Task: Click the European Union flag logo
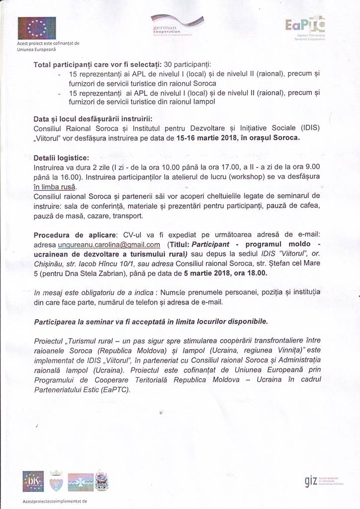click(36, 28)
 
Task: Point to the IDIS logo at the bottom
click(33, 481)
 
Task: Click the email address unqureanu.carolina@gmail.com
click(109, 245)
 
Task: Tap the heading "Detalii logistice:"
click(61, 158)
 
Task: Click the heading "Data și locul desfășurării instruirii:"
click(93, 118)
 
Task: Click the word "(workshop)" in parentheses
click(258, 177)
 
